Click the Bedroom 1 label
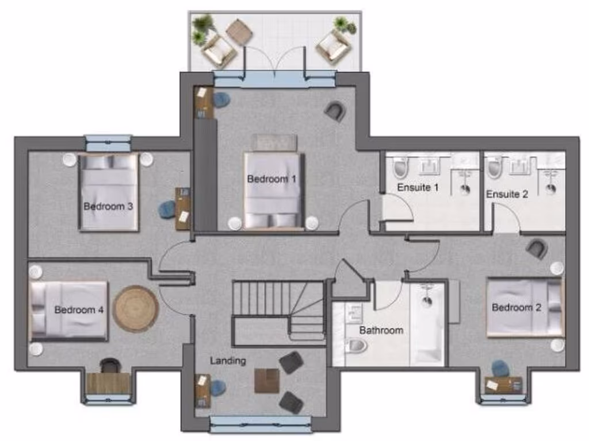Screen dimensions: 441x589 click(271, 179)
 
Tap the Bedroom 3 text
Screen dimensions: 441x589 click(109, 206)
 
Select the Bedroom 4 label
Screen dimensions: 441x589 click(79, 310)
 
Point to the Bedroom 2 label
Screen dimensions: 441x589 click(516, 308)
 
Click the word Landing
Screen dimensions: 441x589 click(228, 361)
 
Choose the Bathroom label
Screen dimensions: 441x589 click(381, 331)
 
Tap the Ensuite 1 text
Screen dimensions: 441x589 click(418, 187)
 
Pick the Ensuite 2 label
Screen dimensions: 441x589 click(507, 194)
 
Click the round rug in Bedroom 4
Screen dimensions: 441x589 click(136, 309)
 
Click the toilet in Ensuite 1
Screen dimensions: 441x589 click(400, 168)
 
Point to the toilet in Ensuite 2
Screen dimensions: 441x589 click(494, 168)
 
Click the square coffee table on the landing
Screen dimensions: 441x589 click(266, 381)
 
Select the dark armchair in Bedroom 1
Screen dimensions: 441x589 click(335, 111)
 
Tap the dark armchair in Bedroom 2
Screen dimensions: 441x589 click(536, 249)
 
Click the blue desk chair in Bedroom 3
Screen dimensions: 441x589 click(167, 210)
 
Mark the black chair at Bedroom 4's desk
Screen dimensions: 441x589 click(108, 365)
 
